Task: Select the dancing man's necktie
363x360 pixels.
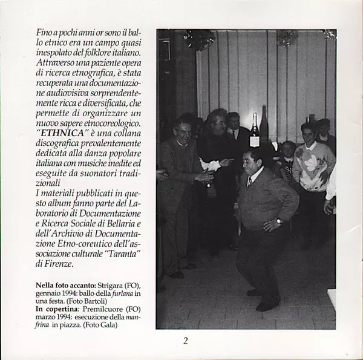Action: point(249,181)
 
